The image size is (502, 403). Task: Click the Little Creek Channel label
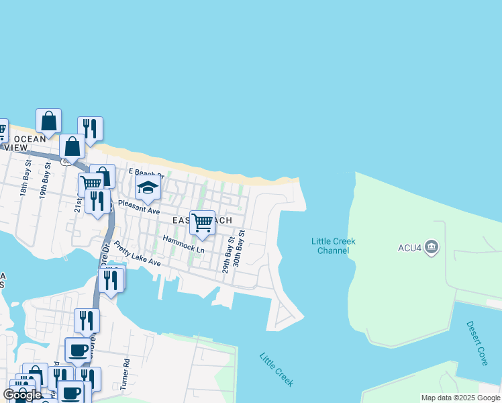(333, 246)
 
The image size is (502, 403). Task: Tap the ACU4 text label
(409, 248)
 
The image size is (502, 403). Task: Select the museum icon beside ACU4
(432, 248)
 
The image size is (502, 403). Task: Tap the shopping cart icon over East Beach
(202, 222)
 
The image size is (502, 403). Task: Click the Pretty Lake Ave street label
(137, 253)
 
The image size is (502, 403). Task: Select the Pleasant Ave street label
(139, 206)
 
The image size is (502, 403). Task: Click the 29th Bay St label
(229, 255)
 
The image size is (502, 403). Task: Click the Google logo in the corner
(22, 395)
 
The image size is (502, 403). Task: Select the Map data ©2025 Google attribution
(461, 398)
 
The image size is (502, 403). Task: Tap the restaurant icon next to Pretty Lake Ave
(111, 279)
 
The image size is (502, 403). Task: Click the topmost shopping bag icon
(48, 121)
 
